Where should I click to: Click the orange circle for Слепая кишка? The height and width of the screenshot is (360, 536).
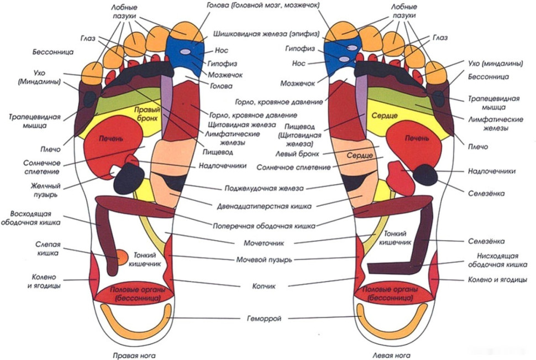point(122,255)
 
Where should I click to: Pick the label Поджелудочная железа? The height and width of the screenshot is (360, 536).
point(264,187)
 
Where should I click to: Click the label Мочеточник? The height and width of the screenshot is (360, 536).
point(264,242)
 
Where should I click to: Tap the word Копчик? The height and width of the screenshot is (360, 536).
point(264,286)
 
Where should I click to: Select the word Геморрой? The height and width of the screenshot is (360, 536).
point(264,318)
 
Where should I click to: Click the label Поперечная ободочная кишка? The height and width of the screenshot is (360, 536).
point(264,226)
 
